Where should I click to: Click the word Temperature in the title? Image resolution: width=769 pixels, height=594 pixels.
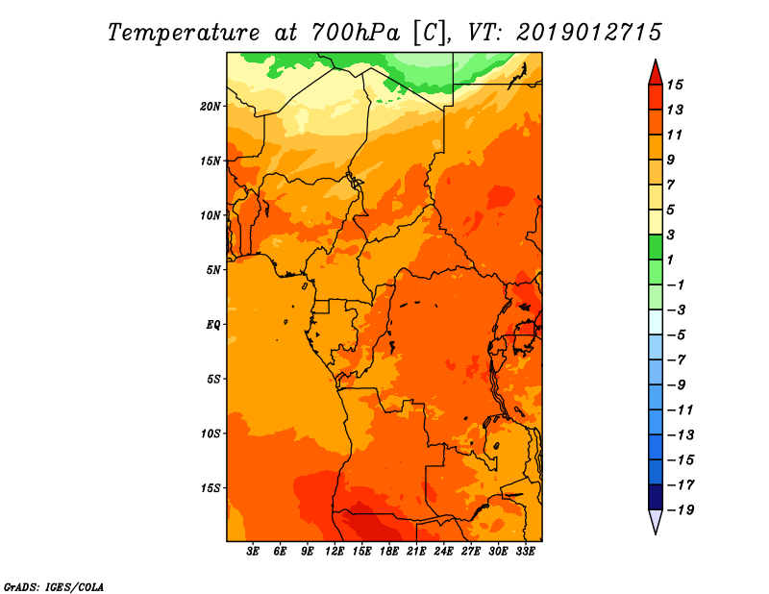[184, 33]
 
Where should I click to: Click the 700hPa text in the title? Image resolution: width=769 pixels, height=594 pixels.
[355, 33]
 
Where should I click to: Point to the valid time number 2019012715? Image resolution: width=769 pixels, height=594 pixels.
[589, 33]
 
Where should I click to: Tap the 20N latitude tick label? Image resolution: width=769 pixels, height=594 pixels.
[210, 107]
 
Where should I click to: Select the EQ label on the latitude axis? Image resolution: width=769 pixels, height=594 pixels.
[213, 325]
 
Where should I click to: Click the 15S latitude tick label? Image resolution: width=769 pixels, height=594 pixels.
[210, 488]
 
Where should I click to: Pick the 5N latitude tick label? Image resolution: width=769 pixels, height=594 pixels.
[213, 270]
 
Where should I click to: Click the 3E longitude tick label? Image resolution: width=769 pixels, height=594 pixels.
[253, 552]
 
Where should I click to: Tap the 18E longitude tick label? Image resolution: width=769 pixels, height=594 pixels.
[389, 552]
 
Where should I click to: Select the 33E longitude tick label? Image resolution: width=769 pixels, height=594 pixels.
[525, 552]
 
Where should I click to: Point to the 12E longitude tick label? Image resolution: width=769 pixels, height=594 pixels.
[335, 552]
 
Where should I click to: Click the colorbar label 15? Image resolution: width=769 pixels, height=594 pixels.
[675, 85]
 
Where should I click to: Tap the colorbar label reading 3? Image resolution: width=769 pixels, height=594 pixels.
[671, 235]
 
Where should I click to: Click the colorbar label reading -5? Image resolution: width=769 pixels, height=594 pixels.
[678, 335]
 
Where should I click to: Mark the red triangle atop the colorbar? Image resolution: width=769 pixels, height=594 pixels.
[656, 73]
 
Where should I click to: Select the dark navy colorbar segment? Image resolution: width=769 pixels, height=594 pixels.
[656, 497]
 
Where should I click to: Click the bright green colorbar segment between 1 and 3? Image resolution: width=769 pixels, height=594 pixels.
[656, 247]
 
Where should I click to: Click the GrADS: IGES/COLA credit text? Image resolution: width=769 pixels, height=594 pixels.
[54, 587]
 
